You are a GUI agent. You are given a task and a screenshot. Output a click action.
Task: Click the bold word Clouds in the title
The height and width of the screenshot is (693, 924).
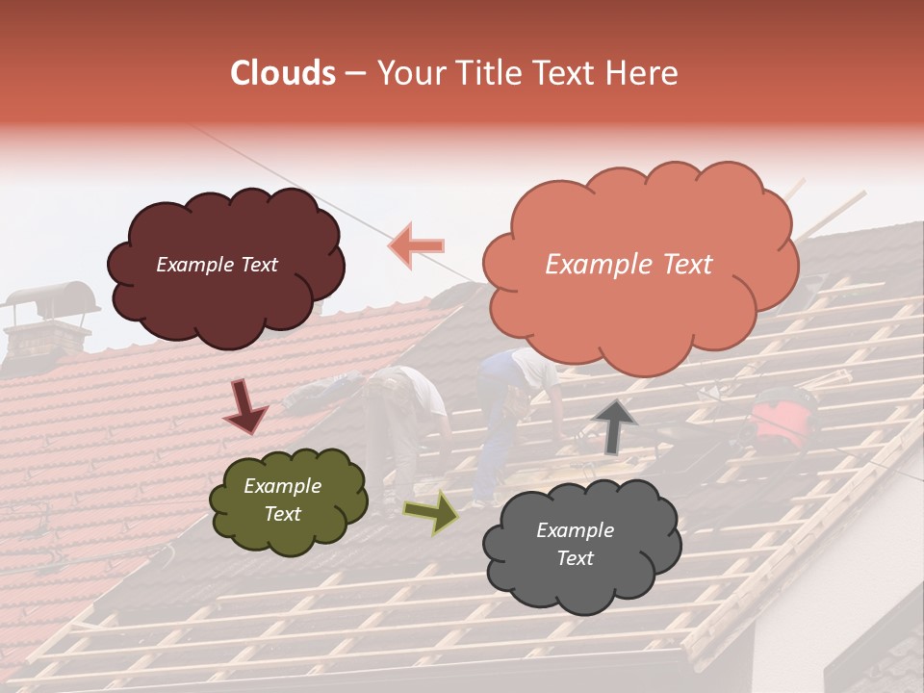[x=283, y=73]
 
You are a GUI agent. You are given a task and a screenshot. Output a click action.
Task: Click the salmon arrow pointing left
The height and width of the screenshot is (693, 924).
[x=416, y=245]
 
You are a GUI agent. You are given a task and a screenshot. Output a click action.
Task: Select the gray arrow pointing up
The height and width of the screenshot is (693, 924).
[x=615, y=425]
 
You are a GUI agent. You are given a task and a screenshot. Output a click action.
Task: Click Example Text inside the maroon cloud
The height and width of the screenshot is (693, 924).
[x=218, y=265]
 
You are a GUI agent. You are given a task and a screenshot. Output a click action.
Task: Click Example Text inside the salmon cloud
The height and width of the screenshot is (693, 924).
[x=629, y=265]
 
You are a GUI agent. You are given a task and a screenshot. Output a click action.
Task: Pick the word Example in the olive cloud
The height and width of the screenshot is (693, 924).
[x=282, y=486]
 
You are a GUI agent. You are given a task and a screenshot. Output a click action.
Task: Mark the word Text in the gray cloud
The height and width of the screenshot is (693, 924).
[x=575, y=558]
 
